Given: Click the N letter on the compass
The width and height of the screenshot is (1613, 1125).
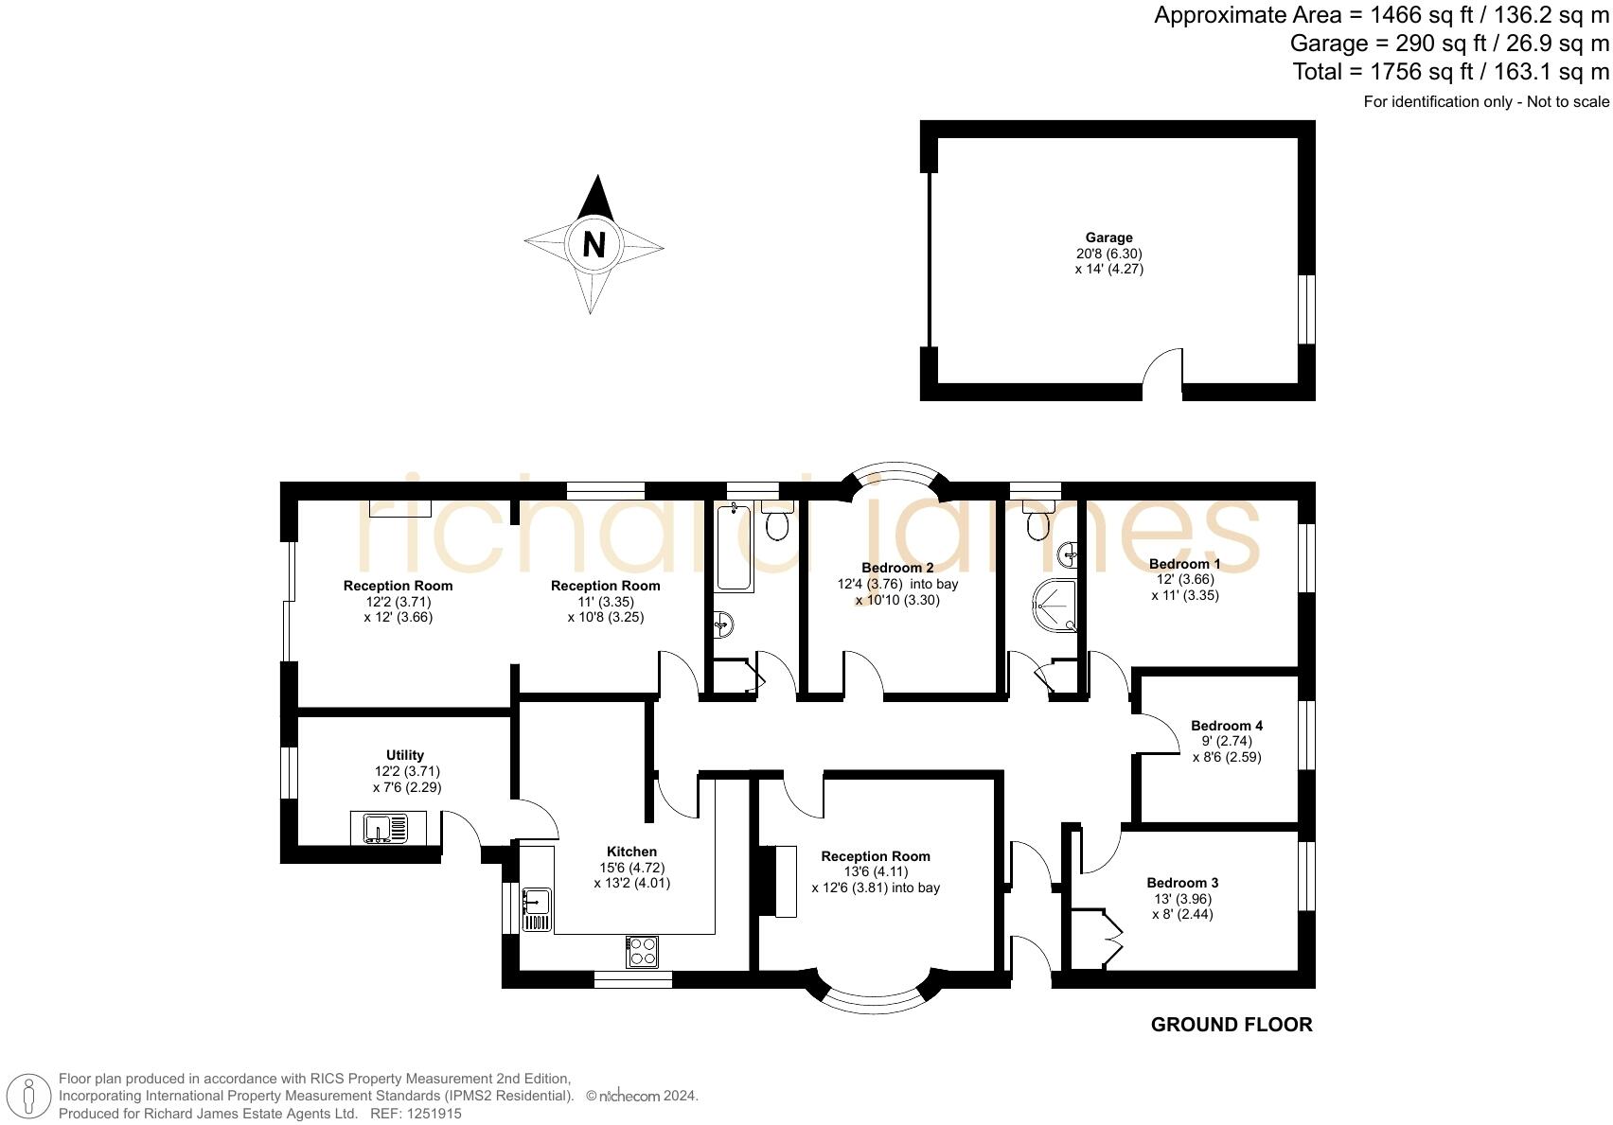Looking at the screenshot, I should (594, 245).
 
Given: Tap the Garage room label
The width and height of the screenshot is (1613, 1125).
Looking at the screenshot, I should (1108, 237).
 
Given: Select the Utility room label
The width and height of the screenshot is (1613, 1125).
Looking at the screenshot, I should (405, 755).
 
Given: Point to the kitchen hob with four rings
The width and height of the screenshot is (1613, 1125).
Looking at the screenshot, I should (643, 952).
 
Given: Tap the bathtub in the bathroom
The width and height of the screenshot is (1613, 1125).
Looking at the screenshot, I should (734, 549).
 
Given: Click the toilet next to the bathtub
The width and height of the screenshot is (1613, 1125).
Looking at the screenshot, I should (777, 521).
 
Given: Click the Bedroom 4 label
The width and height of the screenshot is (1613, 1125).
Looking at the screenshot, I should (1226, 726).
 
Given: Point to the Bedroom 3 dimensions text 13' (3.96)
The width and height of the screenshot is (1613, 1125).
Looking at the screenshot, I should (1182, 899).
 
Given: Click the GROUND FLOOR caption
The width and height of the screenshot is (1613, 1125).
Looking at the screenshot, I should (1231, 1025).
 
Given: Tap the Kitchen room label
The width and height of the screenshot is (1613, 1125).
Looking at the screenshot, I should (631, 852).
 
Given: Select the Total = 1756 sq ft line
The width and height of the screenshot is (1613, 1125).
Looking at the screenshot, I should (1450, 72).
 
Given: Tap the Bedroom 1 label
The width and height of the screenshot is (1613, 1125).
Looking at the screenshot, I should (1184, 564).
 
